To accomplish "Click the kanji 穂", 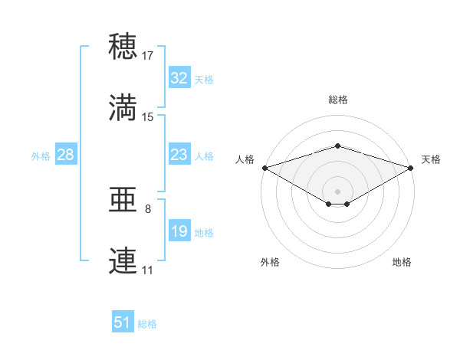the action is point(123,46).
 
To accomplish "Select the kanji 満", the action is point(123,107).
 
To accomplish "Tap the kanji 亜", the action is point(123,199).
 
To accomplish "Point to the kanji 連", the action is point(123,260).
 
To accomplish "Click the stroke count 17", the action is point(147,56).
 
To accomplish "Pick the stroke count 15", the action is point(147,117).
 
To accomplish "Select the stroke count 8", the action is point(148,209).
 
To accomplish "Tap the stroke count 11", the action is point(147,270).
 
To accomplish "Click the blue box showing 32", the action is point(179,77).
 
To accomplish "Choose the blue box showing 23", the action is point(179,154).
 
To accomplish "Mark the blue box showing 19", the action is point(179,230).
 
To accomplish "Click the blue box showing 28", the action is point(66,154).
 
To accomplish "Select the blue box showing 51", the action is point(123,321).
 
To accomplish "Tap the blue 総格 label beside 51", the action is point(147,324).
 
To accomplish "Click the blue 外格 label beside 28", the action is point(41,156).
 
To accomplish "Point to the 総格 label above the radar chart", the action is point(338,100).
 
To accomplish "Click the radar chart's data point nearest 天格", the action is point(411,168).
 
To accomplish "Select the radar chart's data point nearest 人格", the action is point(265,168).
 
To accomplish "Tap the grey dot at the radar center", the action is point(337,191).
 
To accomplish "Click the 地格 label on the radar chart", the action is point(402,262).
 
